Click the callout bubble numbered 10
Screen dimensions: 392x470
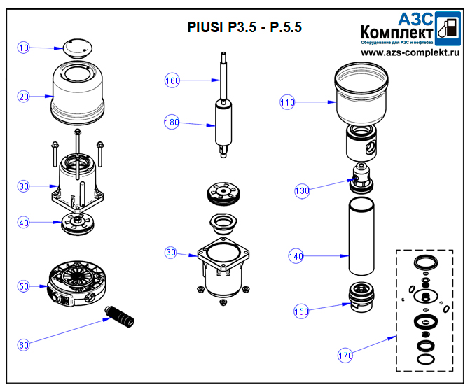[24, 48]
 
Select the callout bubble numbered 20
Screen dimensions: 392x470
[24, 97]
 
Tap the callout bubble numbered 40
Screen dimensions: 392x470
[24, 223]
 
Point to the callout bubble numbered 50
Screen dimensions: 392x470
[24, 286]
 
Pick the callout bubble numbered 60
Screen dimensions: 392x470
[24, 344]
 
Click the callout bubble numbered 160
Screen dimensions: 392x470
[172, 80]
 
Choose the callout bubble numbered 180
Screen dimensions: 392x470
[172, 122]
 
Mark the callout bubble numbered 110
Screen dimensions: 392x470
[287, 103]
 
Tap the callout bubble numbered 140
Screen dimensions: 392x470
[296, 257]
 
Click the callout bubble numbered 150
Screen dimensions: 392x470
[302, 311]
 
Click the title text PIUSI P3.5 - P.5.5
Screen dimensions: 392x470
[244, 28]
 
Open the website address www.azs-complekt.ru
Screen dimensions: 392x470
[410, 52]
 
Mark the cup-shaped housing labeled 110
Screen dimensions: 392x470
[361, 94]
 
